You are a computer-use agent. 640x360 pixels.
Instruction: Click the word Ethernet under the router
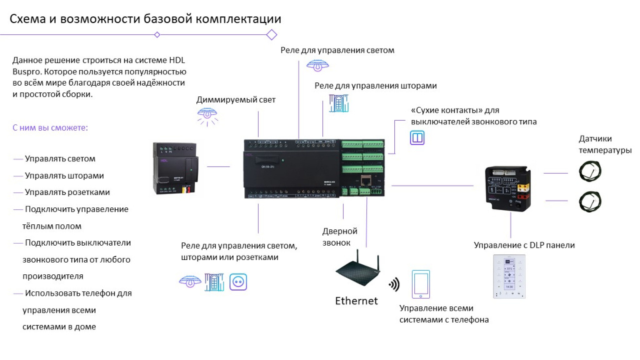(x=356, y=301)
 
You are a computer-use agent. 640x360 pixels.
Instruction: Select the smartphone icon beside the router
(x=421, y=284)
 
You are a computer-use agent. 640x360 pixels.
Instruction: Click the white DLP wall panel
(x=509, y=276)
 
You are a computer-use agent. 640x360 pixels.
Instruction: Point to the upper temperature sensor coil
(x=590, y=171)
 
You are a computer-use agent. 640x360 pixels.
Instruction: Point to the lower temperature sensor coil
(x=590, y=201)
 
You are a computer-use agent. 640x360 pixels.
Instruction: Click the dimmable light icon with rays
(x=207, y=117)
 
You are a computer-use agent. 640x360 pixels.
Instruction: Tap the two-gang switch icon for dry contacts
(x=417, y=137)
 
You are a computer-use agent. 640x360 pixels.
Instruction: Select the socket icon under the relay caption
(x=238, y=282)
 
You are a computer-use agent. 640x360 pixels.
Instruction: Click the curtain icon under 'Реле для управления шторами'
(x=339, y=103)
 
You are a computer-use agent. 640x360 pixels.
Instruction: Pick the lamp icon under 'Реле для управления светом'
(x=317, y=65)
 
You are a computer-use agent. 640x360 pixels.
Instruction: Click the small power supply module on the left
(x=176, y=167)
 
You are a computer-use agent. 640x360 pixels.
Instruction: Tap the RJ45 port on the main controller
(x=365, y=180)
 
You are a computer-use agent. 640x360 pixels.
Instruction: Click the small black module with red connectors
(x=508, y=188)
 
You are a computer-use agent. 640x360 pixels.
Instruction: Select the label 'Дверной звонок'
(x=339, y=237)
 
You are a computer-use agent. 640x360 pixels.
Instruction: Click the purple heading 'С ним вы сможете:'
(x=50, y=127)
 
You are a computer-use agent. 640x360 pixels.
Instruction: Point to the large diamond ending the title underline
(x=272, y=35)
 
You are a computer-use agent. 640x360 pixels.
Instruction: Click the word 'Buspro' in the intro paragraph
(x=27, y=72)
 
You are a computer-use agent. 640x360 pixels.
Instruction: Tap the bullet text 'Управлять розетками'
(x=67, y=192)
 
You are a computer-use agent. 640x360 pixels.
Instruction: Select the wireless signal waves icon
(x=394, y=284)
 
